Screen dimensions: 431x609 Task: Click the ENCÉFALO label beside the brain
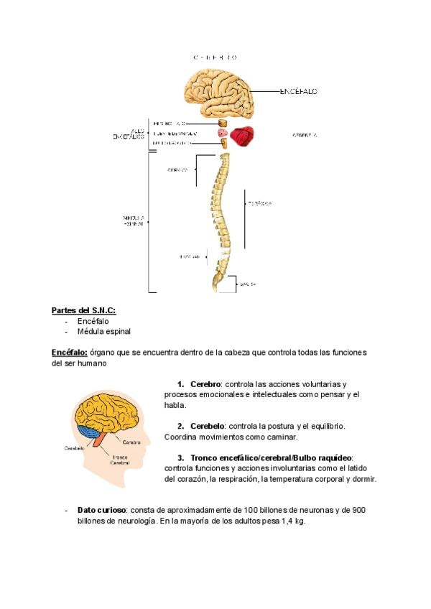click(298, 92)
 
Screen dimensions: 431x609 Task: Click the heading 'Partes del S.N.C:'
click(83, 310)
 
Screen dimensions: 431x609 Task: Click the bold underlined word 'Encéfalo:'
click(70, 353)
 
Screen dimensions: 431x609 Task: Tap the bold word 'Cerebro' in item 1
click(205, 384)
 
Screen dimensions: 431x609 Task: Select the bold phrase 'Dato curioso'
click(103, 510)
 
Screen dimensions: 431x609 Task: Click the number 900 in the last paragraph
click(359, 510)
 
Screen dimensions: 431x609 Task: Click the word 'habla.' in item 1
click(176, 405)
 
